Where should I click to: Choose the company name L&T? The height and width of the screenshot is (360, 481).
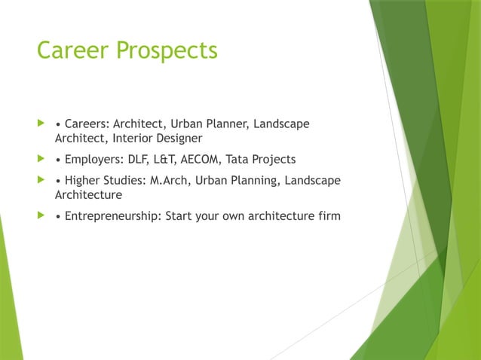(164, 159)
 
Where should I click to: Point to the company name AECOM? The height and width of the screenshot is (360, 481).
(202, 159)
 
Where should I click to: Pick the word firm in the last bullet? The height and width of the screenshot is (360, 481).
(329, 216)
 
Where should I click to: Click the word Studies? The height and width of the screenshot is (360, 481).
(125, 180)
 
